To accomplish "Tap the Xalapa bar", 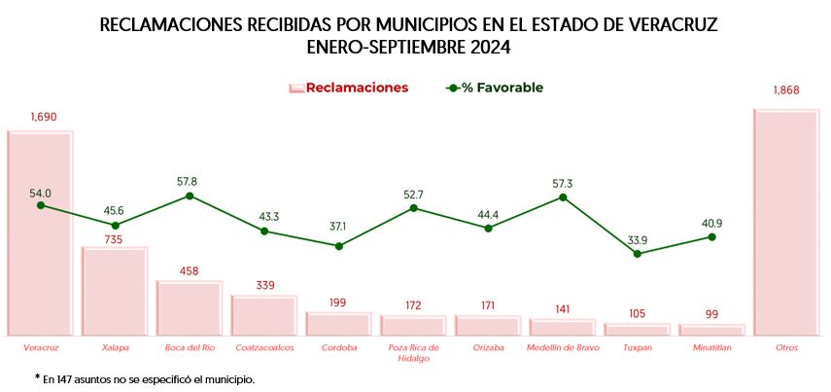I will pyautogui.click(x=114, y=292).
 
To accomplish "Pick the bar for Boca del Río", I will pyautogui.click(x=189, y=309).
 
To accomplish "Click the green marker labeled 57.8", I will pyautogui.click(x=190, y=196).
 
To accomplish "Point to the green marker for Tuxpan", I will pyautogui.click(x=638, y=254).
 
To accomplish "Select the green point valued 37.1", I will pyautogui.click(x=339, y=246).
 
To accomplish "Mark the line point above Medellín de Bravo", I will pyautogui.click(x=563, y=197).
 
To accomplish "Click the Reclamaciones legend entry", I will pyautogui.click(x=348, y=88).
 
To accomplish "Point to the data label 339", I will pyautogui.click(x=264, y=285).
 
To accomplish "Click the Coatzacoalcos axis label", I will pyautogui.click(x=263, y=347).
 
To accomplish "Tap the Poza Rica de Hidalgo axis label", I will pyautogui.click(x=413, y=352).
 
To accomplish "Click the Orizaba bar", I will pyautogui.click(x=488, y=326).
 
